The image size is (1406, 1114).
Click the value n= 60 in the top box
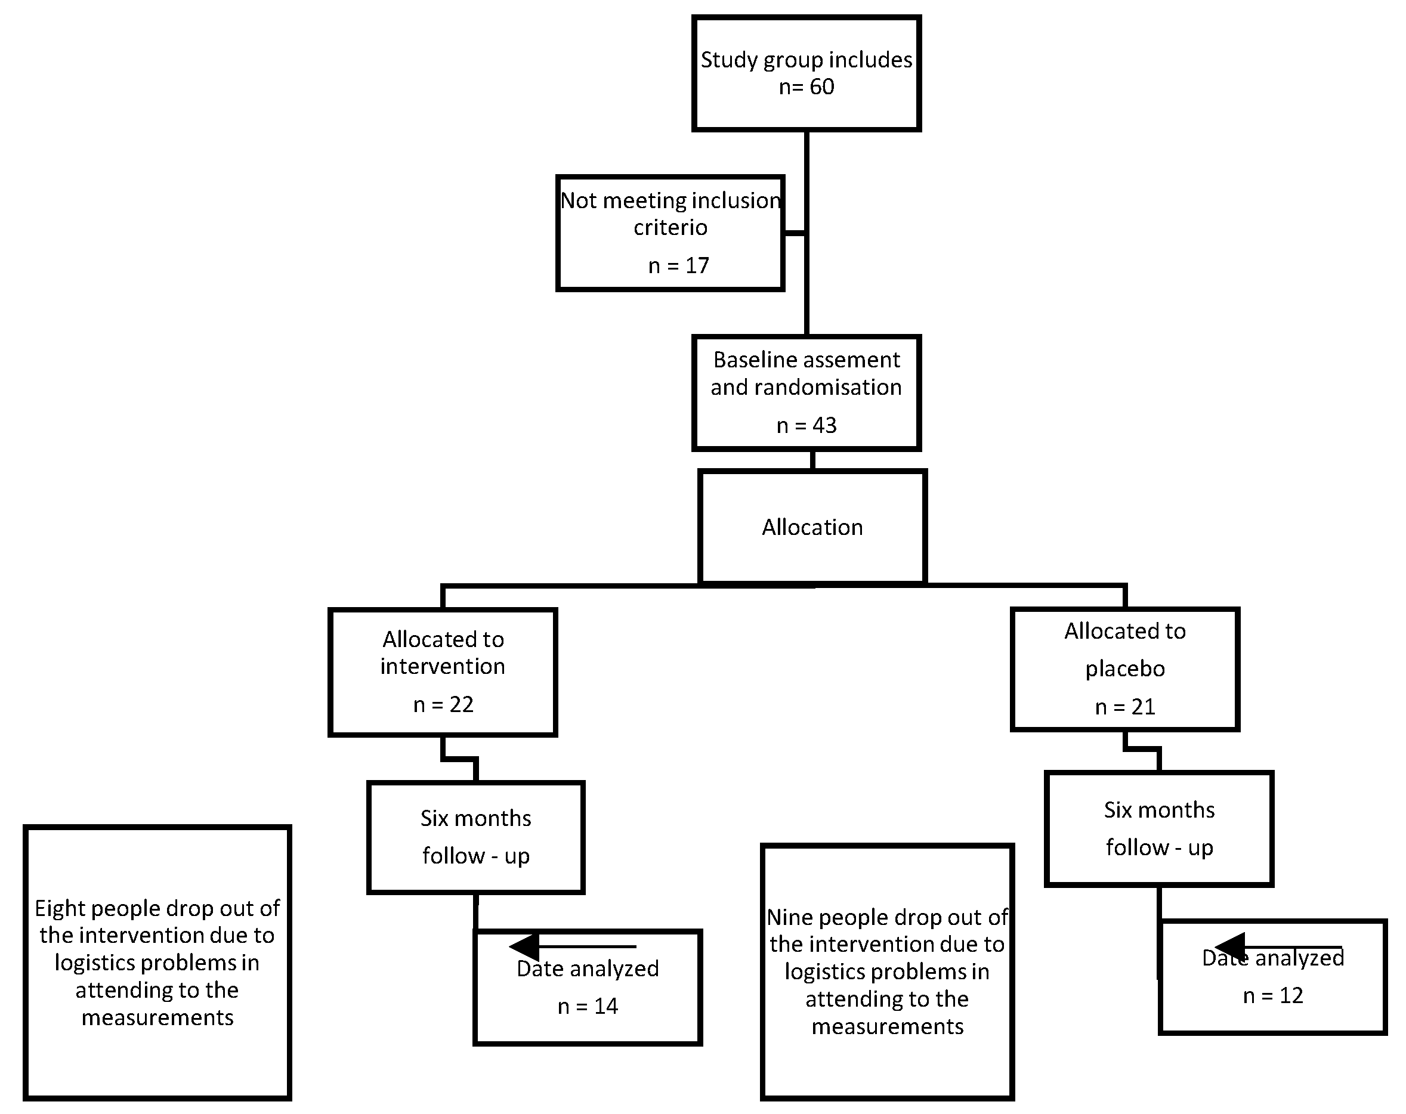806,86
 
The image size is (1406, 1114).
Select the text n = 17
678,266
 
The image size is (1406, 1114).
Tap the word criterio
670,227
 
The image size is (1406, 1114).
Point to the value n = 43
806,426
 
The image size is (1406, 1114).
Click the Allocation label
812,527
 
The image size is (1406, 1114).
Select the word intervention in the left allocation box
442,667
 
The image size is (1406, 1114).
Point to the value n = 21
1125,707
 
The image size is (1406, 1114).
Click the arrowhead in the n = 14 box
524,946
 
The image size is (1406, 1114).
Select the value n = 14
588,1007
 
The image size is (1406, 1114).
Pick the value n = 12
1272,996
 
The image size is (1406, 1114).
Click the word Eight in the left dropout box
60,909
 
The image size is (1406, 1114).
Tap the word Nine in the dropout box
789,918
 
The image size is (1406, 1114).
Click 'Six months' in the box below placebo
1159,810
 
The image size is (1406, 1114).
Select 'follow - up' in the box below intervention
475,856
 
